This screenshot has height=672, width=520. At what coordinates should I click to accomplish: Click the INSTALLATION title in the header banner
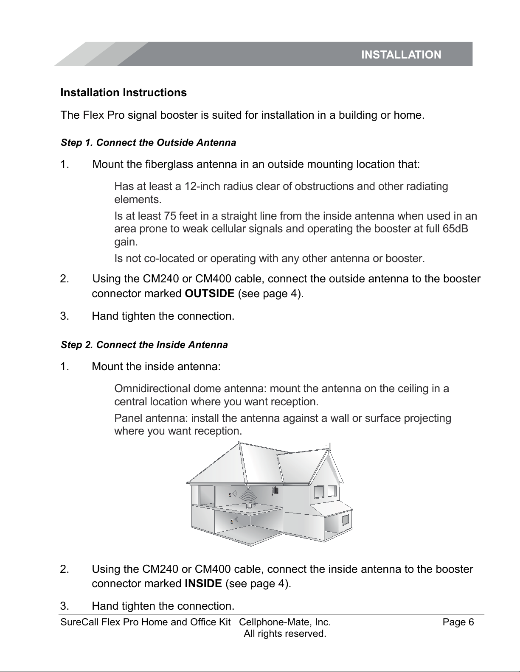point(401,55)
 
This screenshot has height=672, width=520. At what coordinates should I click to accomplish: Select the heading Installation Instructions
point(124,92)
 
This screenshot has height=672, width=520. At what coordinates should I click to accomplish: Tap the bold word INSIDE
point(203,583)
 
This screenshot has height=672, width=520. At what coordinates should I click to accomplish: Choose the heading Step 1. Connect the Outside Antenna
point(149,142)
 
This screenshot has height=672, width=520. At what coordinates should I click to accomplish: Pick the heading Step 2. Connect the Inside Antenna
point(144,345)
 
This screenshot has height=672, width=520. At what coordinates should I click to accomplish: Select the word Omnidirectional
point(152,388)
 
